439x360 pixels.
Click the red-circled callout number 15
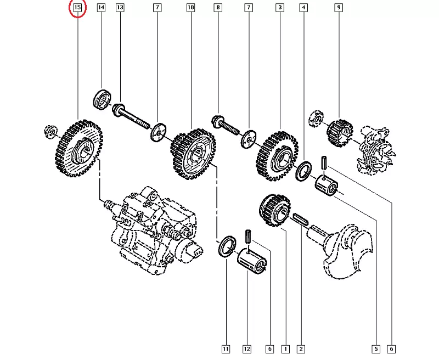[77, 8]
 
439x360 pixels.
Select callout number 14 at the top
[102, 8]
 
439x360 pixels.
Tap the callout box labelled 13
[120, 8]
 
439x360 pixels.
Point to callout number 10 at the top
[190, 8]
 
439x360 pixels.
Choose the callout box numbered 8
[218, 8]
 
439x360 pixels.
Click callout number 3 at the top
[280, 8]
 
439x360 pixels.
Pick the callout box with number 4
[303, 8]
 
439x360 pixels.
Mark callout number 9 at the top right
[339, 8]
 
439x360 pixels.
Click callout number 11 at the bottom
[226, 348]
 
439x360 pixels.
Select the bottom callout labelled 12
[247, 348]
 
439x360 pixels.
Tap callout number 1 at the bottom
[285, 348]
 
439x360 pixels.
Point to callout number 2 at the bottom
[301, 348]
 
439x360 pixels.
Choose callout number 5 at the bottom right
[376, 348]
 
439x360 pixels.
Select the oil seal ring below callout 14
[102, 99]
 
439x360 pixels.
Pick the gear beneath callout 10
[193, 154]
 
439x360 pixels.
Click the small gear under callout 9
[339, 132]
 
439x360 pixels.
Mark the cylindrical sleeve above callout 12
[254, 260]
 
